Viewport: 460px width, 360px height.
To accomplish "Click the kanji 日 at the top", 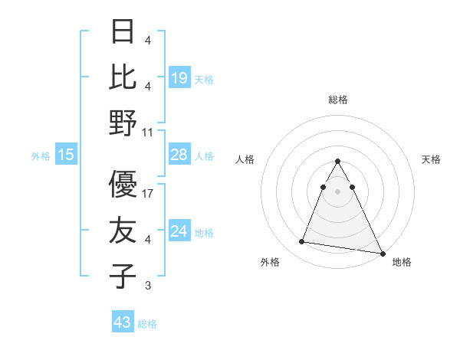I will pyautogui.click(x=123, y=31).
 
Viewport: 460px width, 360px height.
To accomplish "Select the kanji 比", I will pyautogui.click(x=123, y=77).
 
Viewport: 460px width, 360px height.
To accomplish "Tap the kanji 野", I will pyautogui.click(x=123, y=123).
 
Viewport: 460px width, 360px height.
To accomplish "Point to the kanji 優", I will pyautogui.click(x=123, y=184).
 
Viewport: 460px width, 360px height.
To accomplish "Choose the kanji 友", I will pyautogui.click(x=123, y=230).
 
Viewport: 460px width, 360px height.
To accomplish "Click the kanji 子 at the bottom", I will pyautogui.click(x=123, y=275).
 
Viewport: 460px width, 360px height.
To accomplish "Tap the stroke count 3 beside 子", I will pyautogui.click(x=148, y=286).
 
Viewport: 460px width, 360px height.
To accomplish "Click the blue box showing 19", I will pyautogui.click(x=179, y=77).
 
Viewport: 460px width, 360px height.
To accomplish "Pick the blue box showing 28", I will pyautogui.click(x=179, y=155).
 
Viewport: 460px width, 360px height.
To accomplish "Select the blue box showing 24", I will pyautogui.click(x=179, y=231).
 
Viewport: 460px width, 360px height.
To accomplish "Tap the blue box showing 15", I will pyautogui.click(x=66, y=155).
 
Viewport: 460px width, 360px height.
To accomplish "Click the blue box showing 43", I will pyautogui.click(x=123, y=322).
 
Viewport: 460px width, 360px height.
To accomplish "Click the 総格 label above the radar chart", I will pyautogui.click(x=338, y=100).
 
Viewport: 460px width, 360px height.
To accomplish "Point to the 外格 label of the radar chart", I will pyautogui.click(x=270, y=262).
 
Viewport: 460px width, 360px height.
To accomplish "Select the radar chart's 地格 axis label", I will pyautogui.click(x=402, y=262).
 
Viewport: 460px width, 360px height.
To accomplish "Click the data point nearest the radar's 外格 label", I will pyautogui.click(x=302, y=242).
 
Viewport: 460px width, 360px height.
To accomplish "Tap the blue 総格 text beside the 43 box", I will pyautogui.click(x=147, y=324).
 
